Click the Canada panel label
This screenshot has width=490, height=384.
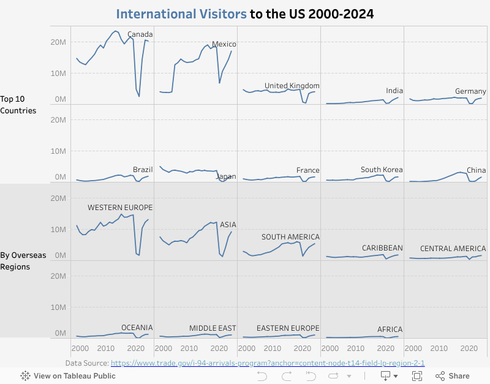(140, 34)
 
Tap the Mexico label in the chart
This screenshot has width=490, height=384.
(224, 44)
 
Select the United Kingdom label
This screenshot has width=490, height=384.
(292, 86)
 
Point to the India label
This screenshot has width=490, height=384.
(394, 91)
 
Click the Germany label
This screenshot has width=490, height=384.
(470, 91)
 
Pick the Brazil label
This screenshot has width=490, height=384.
(143, 170)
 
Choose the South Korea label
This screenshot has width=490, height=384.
(380, 170)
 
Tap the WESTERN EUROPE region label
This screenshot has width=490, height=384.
(120, 208)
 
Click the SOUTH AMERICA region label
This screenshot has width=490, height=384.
(290, 237)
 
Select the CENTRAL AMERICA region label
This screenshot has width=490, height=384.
(453, 249)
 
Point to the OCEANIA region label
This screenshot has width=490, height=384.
(137, 328)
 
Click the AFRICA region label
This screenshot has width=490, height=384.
(390, 329)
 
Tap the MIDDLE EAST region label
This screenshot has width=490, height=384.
(213, 328)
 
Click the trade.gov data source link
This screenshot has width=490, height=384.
(268, 363)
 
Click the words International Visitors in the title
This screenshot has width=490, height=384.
(182, 13)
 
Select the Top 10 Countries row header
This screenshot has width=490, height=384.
(18, 105)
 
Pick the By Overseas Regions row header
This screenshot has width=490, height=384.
(23, 261)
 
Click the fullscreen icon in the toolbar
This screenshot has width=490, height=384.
(417, 376)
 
